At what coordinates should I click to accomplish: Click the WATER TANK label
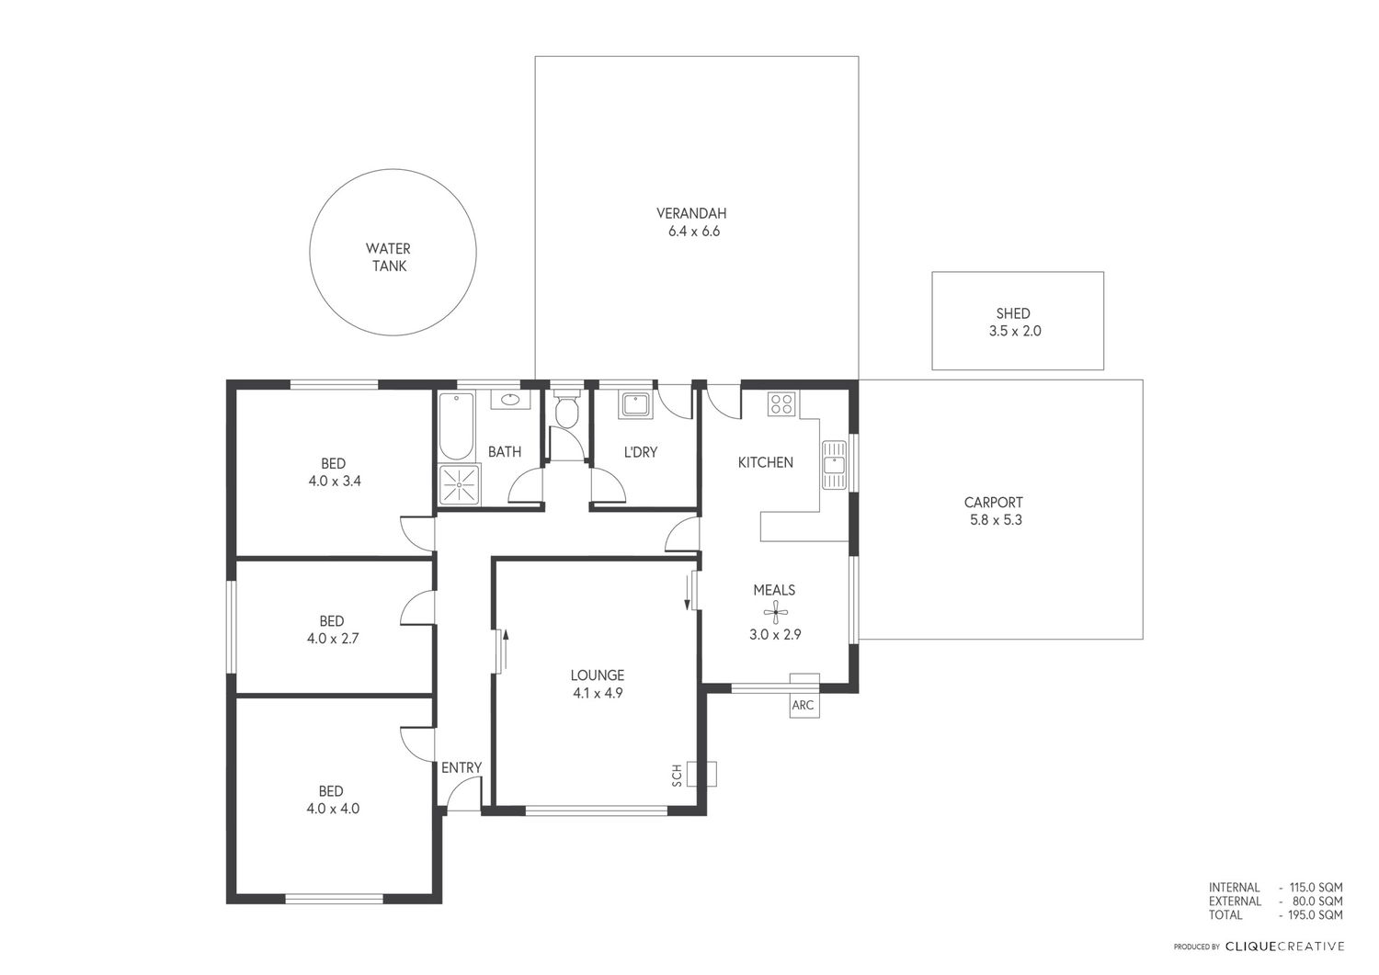tap(388, 257)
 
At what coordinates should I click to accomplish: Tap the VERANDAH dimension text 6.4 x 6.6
tap(694, 232)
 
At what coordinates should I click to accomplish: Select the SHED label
tap(1013, 313)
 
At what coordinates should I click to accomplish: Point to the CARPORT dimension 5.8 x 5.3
tap(996, 520)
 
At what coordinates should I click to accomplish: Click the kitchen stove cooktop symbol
tap(781, 404)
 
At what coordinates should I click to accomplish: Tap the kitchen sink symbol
tap(834, 465)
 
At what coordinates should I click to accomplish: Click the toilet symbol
tap(565, 406)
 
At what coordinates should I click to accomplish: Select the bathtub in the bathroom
tap(456, 426)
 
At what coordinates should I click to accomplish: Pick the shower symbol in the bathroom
tap(460, 484)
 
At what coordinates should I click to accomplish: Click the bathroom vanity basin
tap(510, 400)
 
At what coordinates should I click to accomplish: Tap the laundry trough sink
tap(634, 405)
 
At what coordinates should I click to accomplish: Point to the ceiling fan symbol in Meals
tap(775, 612)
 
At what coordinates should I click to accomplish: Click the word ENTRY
tap(462, 767)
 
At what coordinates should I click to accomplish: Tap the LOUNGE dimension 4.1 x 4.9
tap(598, 693)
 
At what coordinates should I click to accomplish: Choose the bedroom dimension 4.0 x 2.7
tap(333, 639)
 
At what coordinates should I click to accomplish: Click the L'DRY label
tap(640, 452)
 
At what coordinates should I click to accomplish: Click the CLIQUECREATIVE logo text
tap(1285, 947)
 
